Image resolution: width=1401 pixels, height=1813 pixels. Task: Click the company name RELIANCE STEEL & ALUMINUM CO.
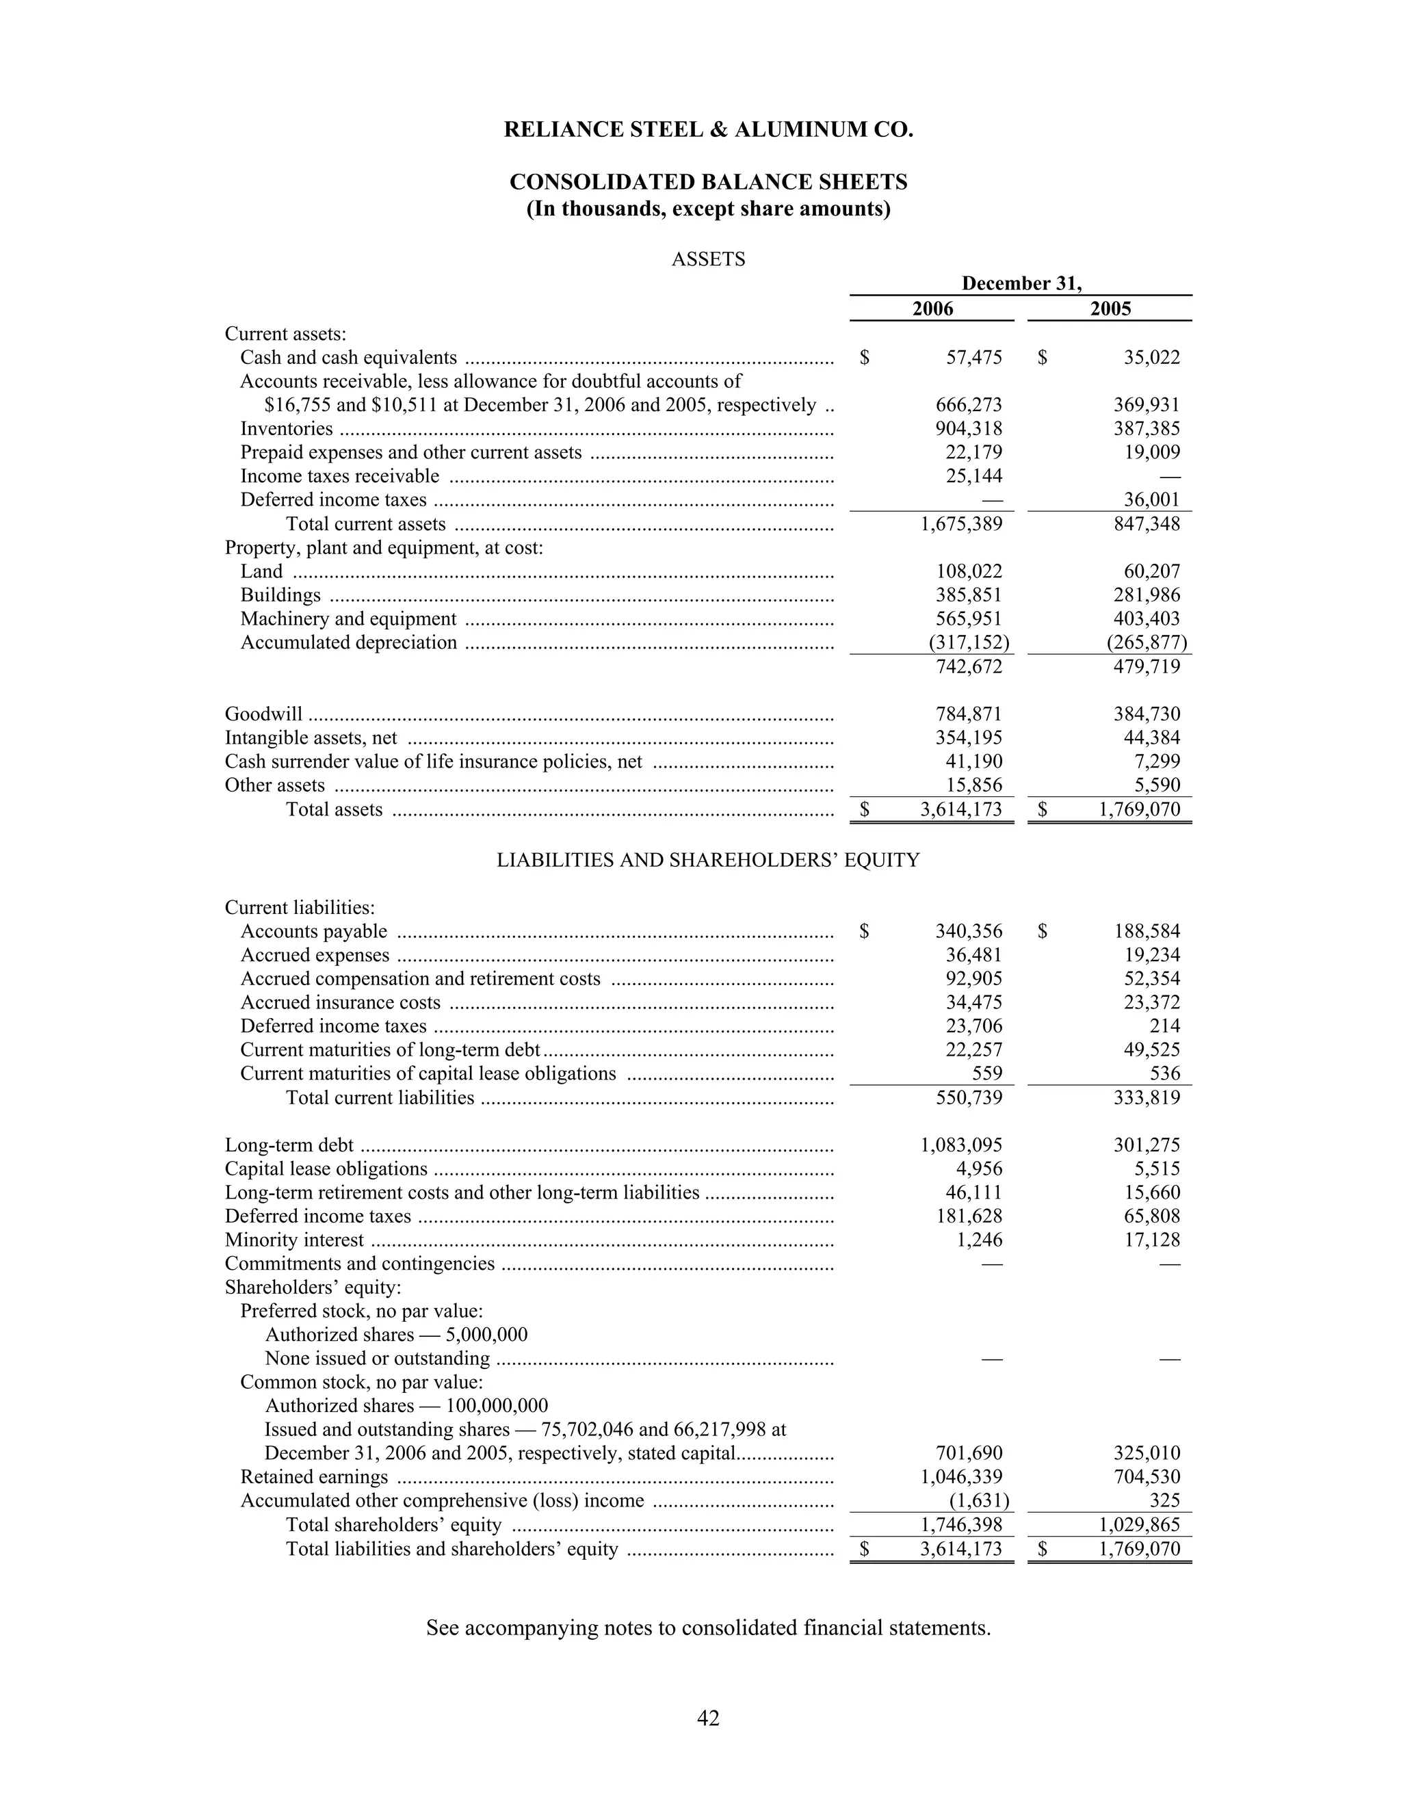pyautogui.click(x=708, y=130)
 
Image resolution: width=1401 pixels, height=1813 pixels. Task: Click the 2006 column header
pyautogui.click(x=932, y=309)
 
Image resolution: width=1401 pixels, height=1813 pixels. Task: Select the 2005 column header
pyautogui.click(x=1110, y=309)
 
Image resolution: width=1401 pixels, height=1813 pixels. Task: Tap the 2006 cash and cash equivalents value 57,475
pyautogui.click(x=973, y=358)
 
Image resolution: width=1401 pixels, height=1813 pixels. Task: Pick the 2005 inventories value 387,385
pyautogui.click(x=1147, y=429)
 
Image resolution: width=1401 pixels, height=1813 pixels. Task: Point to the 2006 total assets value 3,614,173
pyautogui.click(x=961, y=809)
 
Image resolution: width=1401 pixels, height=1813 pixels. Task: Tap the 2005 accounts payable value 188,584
pyautogui.click(x=1147, y=931)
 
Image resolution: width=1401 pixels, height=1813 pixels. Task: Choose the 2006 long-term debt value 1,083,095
pyautogui.click(x=961, y=1145)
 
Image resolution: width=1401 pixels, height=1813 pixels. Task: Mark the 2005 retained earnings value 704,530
pyautogui.click(x=1147, y=1477)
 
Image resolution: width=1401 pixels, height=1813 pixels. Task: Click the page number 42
pyautogui.click(x=708, y=1717)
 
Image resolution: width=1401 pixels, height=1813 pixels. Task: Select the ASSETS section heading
pyautogui.click(x=708, y=260)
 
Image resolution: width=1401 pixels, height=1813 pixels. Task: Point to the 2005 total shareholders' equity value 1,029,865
pyautogui.click(x=1140, y=1525)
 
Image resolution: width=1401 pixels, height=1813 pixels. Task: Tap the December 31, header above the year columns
pyautogui.click(x=1021, y=284)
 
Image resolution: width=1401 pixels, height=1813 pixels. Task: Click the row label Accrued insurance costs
pyautogui.click(x=340, y=1003)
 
